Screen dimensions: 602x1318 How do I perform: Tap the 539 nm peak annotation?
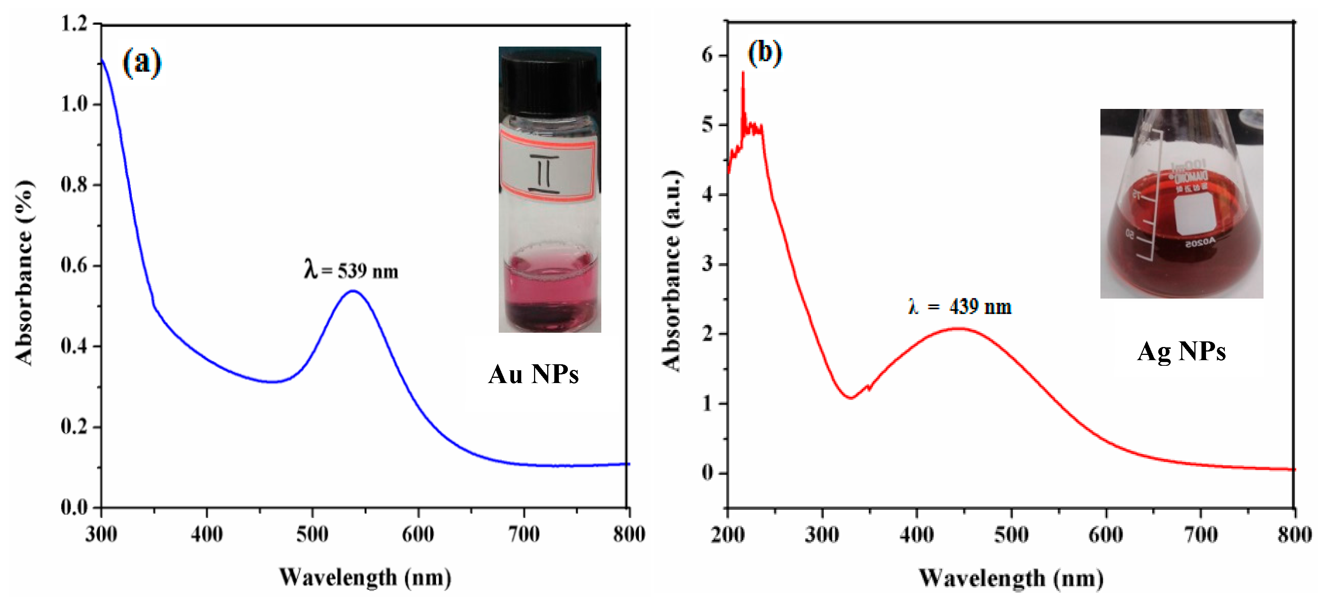coord(351,270)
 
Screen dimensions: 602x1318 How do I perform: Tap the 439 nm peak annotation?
coord(960,306)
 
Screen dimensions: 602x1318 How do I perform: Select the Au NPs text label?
coord(533,374)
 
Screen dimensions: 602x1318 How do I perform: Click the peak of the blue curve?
coord(353,291)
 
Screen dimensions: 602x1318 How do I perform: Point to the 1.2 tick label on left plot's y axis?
coord(74,24)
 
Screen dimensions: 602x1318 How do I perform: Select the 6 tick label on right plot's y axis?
coord(708,55)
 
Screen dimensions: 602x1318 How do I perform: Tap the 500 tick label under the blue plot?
coord(312,534)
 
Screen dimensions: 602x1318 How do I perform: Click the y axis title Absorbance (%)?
coord(24,272)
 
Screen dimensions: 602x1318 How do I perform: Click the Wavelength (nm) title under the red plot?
coord(1011,578)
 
